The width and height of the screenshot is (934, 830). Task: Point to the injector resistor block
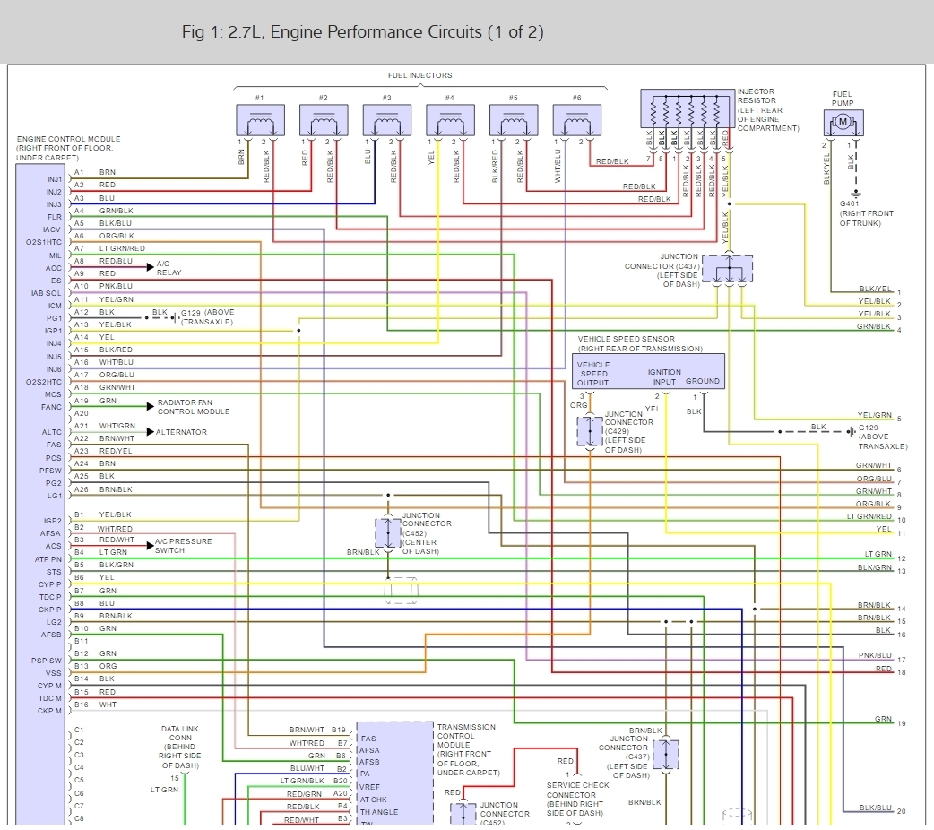[687, 108]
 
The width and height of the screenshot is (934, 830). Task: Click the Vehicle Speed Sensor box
[648, 370]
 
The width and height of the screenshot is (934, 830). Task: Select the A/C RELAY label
[169, 268]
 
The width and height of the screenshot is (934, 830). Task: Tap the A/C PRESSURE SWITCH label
[183, 546]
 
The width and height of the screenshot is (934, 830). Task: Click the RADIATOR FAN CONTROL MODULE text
[194, 407]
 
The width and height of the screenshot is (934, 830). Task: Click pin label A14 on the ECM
[80, 337]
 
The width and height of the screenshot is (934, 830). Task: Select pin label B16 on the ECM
[80, 705]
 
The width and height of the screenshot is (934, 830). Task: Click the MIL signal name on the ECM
[56, 255]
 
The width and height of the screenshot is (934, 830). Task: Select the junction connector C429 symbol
[590, 432]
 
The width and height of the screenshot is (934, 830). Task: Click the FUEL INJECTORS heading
[419, 75]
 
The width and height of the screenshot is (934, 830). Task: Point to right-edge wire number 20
[901, 811]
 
